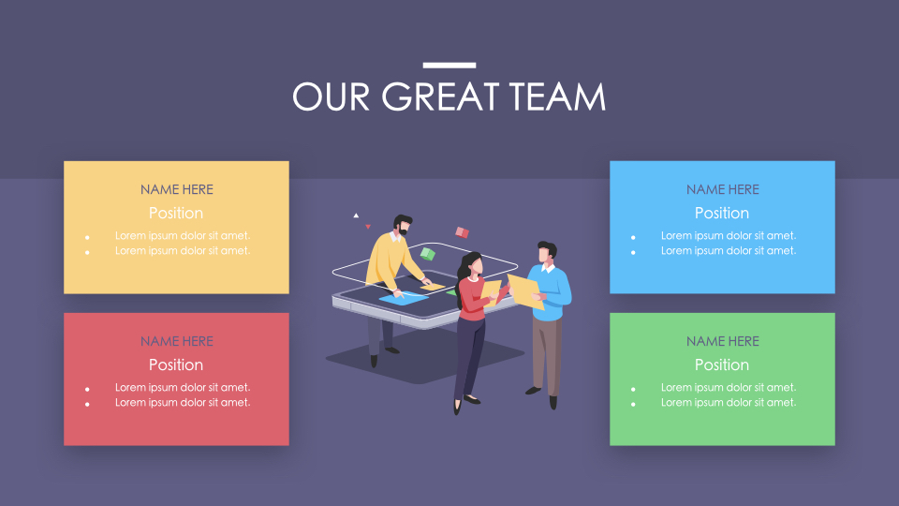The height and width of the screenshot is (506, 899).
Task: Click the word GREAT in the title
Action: [444, 97]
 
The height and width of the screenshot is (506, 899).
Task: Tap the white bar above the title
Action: [449, 66]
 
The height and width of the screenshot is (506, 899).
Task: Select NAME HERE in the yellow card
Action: [177, 189]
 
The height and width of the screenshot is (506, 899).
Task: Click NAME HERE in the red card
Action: [177, 341]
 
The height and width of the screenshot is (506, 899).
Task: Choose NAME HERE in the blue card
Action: [723, 189]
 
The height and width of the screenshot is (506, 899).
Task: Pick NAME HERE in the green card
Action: [723, 341]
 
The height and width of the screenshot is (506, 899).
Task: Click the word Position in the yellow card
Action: [176, 214]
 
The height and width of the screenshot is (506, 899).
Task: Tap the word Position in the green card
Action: [722, 365]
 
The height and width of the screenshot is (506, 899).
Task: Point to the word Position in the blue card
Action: [722, 214]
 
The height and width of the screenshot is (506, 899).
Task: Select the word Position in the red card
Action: [176, 365]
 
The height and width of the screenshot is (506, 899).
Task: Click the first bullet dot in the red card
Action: [87, 388]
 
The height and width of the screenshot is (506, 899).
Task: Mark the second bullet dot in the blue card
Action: [633, 252]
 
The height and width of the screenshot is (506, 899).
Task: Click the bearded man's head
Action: [402, 225]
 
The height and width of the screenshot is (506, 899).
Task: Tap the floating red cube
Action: [462, 232]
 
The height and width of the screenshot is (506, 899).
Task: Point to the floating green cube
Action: [428, 253]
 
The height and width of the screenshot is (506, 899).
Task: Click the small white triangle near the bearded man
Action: [356, 216]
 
